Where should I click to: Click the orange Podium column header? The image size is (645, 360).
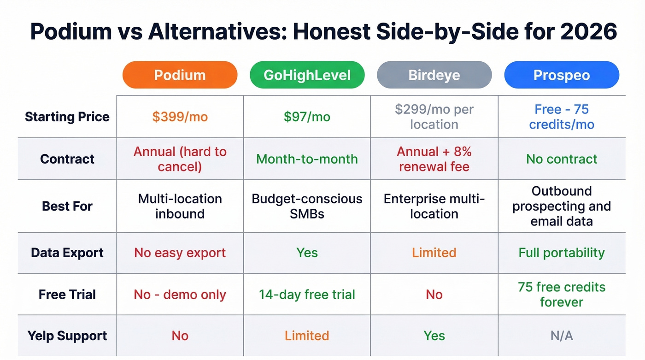(x=180, y=75)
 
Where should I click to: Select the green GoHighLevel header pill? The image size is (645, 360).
(x=307, y=75)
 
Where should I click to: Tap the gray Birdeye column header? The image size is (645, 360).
(x=434, y=75)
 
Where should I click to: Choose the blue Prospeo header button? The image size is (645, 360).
(x=562, y=75)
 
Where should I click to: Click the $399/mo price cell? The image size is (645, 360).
(x=180, y=117)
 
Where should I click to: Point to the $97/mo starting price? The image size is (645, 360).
(x=307, y=117)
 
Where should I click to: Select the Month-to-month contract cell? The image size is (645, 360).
(x=307, y=159)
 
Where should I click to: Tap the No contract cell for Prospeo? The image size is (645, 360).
(x=562, y=159)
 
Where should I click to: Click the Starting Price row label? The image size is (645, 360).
(x=67, y=117)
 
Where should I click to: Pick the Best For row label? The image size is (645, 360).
(x=67, y=206)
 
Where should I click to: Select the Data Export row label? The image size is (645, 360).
(x=67, y=253)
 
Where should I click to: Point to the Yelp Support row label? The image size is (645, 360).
(x=67, y=336)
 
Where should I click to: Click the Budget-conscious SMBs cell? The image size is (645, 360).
(x=307, y=206)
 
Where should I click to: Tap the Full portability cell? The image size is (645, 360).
(x=562, y=253)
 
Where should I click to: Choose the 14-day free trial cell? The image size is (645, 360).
(x=307, y=295)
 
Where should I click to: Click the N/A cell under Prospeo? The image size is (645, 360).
(x=562, y=336)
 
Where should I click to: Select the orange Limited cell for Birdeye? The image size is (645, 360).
(x=434, y=253)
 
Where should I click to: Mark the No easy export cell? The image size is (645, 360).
(x=180, y=253)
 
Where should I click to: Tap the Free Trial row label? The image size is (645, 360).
(x=67, y=295)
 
